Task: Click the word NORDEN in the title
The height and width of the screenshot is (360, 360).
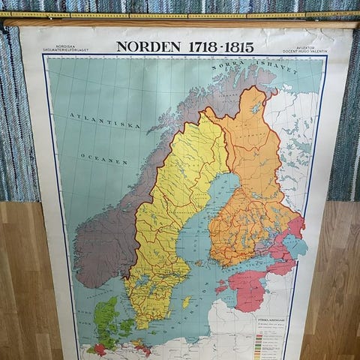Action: [148, 46]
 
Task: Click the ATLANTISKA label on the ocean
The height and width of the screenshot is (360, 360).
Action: [95, 116]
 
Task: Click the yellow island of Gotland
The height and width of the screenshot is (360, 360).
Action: [186, 301]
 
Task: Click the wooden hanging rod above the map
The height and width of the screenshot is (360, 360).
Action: [180, 23]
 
